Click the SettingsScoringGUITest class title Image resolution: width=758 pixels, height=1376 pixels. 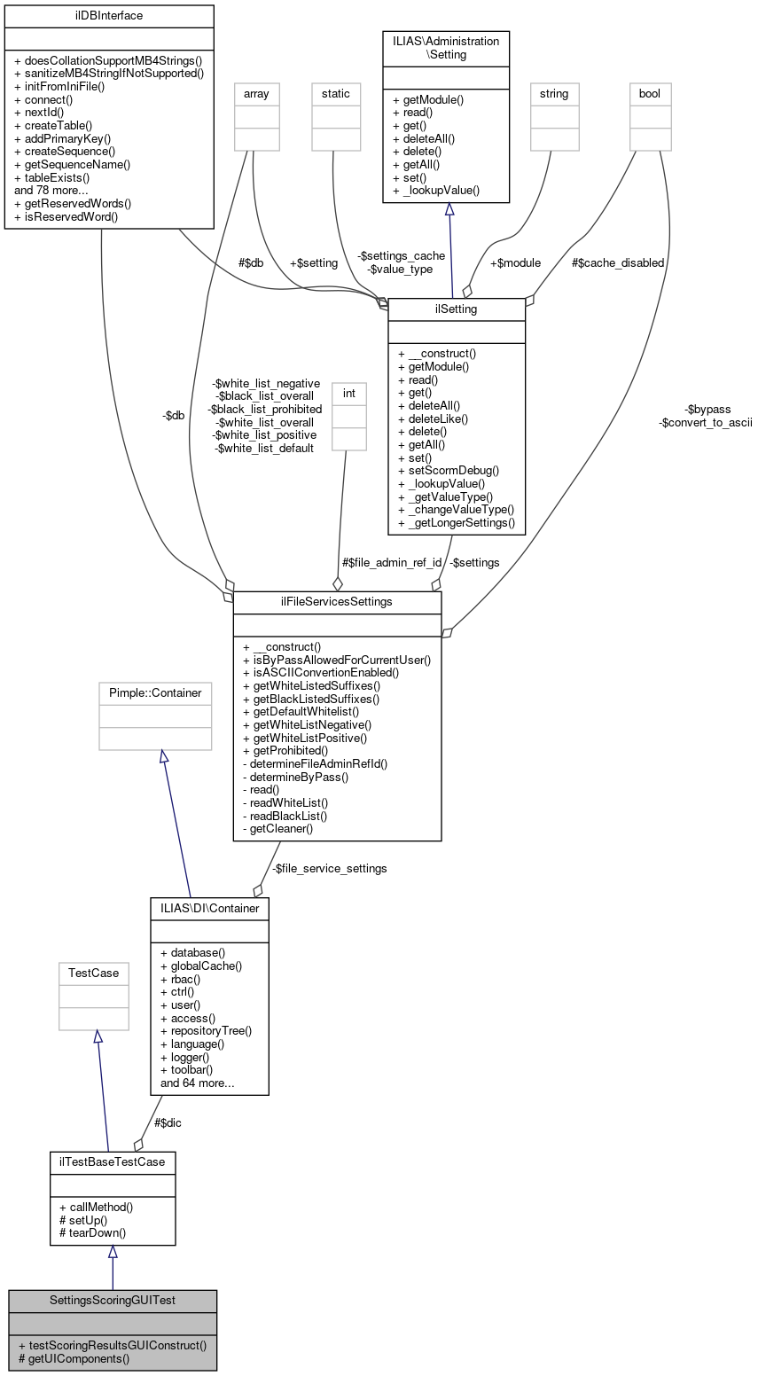pos(112,1300)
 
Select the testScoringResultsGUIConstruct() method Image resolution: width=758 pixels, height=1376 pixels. pos(117,1344)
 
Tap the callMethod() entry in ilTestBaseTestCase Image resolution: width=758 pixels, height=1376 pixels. pos(96,1207)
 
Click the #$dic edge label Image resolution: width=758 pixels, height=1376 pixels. pos(168,1122)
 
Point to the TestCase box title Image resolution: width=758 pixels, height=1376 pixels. pos(93,973)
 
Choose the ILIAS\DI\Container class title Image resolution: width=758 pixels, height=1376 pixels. pos(210,908)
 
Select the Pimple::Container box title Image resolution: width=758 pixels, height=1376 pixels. pos(155,692)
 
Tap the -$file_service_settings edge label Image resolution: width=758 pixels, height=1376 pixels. pos(329,868)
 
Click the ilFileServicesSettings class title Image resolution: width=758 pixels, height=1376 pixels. pos(337,602)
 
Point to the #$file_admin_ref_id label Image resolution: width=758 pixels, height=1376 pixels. pos(391,562)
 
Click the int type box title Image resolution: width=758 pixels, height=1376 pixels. pos(348,392)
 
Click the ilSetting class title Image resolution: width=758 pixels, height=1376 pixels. pos(457,309)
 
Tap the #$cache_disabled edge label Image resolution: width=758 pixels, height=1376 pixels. pos(618,262)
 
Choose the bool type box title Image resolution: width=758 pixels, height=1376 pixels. pos(650,92)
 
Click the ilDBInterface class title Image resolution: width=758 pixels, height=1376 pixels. pos(109,15)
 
